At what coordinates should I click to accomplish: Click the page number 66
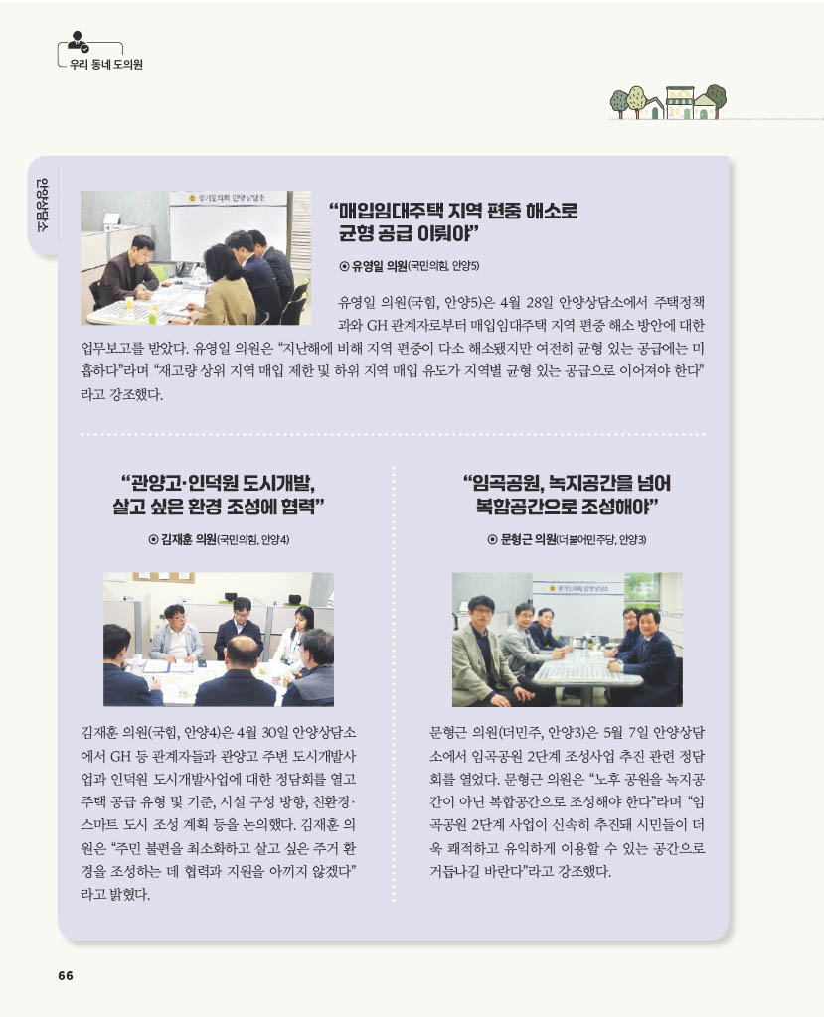(66, 975)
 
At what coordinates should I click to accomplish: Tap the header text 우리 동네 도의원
(105, 65)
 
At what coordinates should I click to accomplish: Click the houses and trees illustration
(668, 102)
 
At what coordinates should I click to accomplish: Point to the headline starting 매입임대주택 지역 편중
(453, 221)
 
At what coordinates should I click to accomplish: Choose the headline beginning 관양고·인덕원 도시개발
(218, 495)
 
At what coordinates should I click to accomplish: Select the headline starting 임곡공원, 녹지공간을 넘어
(567, 495)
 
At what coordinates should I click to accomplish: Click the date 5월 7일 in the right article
(625, 733)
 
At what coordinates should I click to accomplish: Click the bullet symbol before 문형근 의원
(493, 539)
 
